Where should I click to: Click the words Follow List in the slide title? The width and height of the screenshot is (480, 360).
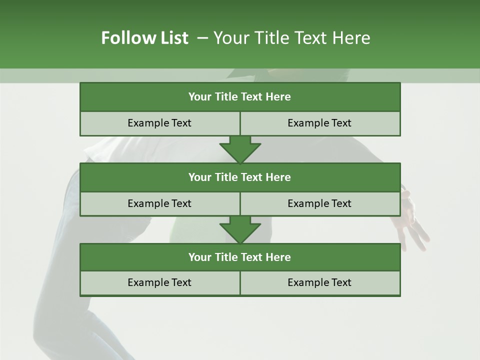point(144,38)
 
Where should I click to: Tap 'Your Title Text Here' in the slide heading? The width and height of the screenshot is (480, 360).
point(291,38)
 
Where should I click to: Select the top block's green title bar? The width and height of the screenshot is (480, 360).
point(240,97)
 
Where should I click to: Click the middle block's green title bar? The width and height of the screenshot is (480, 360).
point(240,177)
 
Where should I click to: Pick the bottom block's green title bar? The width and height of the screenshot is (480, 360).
point(240,257)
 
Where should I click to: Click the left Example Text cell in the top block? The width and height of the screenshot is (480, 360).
point(159,123)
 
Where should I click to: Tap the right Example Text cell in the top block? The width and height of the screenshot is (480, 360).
point(320,123)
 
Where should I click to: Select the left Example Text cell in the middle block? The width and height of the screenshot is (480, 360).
point(159,203)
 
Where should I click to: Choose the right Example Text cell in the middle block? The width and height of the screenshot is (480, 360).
point(320,203)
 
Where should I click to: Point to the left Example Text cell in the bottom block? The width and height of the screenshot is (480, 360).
point(159,282)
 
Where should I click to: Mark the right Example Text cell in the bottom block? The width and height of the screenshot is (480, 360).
point(320,282)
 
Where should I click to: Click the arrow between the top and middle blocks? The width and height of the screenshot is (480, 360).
point(240,149)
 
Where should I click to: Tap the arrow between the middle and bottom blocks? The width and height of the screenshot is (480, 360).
point(240,230)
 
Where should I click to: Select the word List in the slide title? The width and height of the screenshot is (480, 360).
point(173,38)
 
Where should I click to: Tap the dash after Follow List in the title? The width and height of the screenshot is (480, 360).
point(202,38)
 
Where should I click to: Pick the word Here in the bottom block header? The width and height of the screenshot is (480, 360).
point(278,257)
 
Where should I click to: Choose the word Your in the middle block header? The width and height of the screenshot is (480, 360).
point(199,177)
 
